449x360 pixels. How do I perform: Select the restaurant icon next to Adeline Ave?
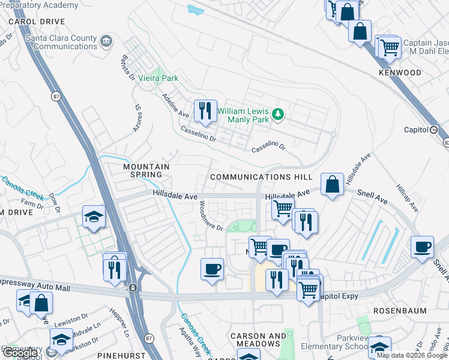[206, 110]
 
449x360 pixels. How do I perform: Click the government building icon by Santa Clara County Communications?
[106, 41]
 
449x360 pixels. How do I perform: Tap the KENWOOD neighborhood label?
[400, 73]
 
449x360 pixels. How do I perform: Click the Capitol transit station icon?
[434, 130]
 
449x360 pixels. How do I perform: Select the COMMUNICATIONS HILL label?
[261, 177]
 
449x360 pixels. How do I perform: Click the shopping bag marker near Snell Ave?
[332, 184]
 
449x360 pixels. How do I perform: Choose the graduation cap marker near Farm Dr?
[94, 217]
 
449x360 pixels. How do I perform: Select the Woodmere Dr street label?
[210, 215]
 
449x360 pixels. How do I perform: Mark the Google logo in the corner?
[20, 353]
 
